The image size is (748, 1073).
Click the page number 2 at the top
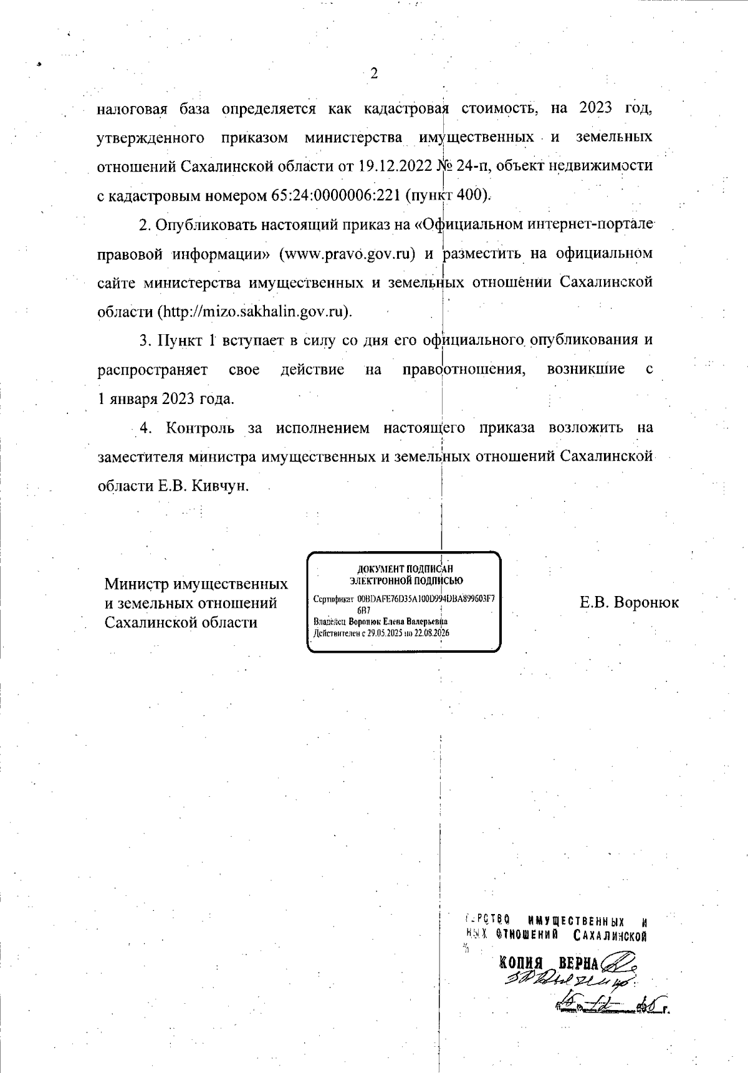pyautogui.click(x=374, y=74)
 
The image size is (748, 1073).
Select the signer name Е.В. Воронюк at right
pyautogui.click(x=629, y=603)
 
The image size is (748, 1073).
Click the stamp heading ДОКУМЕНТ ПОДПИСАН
pyautogui.click(x=405, y=569)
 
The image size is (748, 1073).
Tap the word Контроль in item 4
pyautogui.click(x=201, y=428)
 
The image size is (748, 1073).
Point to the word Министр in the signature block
pyautogui.click(x=136, y=585)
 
